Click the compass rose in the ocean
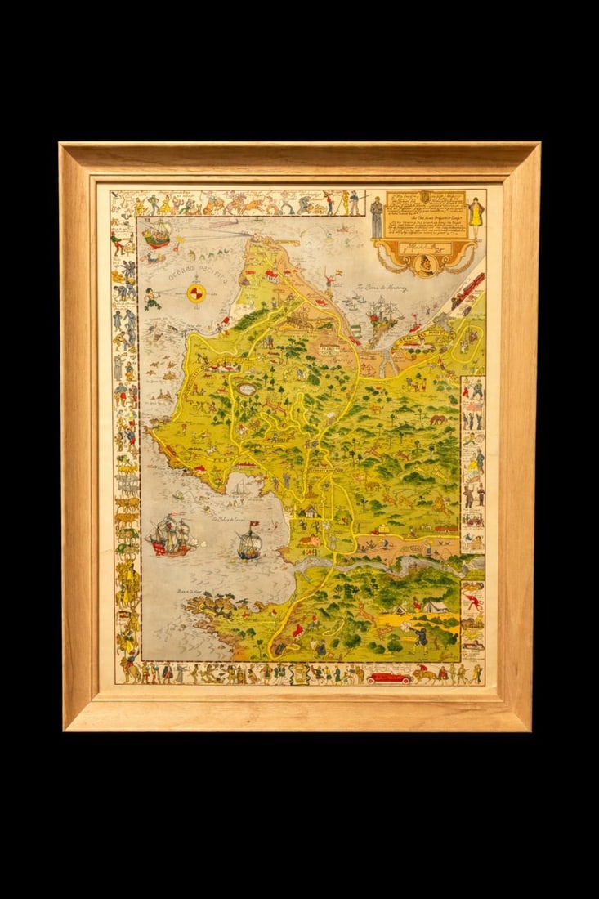click(x=196, y=293)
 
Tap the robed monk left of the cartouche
click(x=376, y=217)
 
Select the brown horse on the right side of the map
click(x=439, y=419)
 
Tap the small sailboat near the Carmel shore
click(x=240, y=487)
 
